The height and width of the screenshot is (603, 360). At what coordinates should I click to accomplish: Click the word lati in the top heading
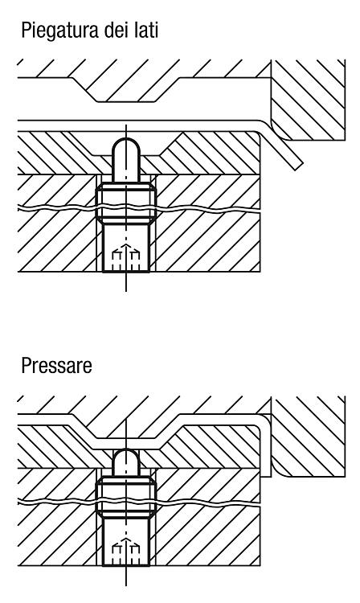click(146, 30)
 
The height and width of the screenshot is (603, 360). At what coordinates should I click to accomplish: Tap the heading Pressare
click(56, 365)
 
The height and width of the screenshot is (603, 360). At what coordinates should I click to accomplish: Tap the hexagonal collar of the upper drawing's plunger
click(126, 203)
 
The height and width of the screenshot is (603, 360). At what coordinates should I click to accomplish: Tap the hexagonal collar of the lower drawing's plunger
click(126, 497)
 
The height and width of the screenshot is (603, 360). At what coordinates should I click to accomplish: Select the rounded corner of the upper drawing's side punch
click(280, 132)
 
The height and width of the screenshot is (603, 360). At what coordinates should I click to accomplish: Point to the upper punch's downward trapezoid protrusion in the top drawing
click(126, 89)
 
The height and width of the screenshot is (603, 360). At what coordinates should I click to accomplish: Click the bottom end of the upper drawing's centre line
click(126, 291)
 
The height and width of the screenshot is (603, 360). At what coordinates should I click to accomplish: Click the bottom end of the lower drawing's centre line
click(126, 585)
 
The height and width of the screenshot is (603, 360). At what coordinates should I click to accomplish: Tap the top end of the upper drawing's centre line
click(126, 125)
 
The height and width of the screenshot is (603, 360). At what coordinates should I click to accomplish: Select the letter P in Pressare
click(27, 365)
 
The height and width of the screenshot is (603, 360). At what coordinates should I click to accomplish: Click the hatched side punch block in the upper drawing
click(308, 99)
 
